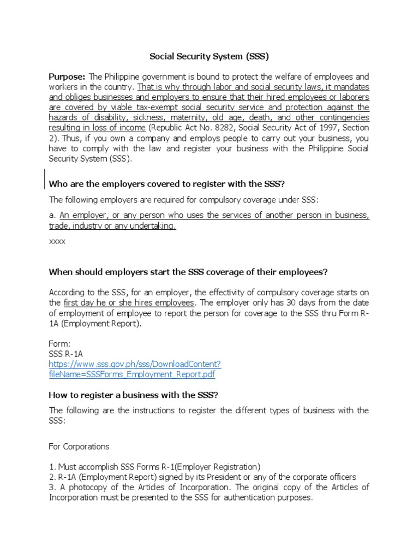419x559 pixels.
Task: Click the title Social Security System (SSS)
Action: pyautogui.click(x=209, y=56)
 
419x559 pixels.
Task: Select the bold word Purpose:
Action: pyautogui.click(x=67, y=76)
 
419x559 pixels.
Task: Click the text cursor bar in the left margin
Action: pyautogui.click(x=44, y=179)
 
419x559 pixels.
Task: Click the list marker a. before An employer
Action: pyautogui.click(x=52, y=215)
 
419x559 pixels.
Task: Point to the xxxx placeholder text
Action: pyautogui.click(x=57, y=241)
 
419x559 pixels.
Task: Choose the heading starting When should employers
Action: pyautogui.click(x=188, y=272)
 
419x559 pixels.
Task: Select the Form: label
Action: pyautogui.click(x=59, y=343)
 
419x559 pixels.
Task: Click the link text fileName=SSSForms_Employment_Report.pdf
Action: pyautogui.click(x=131, y=374)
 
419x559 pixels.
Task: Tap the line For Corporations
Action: pyautogui.click(x=79, y=446)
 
